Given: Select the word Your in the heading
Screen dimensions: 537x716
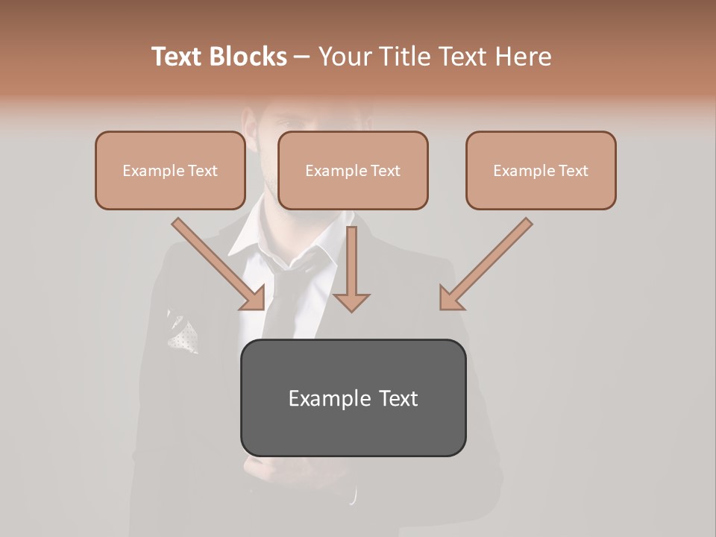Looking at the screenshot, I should click(345, 57).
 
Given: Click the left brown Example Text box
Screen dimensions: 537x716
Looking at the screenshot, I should click(170, 171).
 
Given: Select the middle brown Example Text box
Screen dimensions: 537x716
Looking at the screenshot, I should click(353, 171).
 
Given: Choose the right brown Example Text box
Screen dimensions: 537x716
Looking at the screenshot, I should click(541, 171).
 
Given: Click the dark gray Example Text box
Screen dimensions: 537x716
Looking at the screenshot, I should click(353, 398).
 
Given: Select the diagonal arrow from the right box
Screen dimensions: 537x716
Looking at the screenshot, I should click(486, 263).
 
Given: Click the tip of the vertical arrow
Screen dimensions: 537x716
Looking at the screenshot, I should click(351, 309).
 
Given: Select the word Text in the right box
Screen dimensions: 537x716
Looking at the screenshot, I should click(574, 171).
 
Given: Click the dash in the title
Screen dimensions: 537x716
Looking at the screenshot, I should click(302, 57).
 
